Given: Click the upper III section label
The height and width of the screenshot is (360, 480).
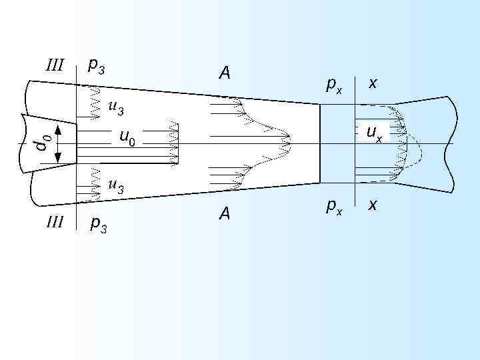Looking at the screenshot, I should pos(54,65).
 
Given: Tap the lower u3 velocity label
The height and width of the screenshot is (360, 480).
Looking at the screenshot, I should pos(115,186).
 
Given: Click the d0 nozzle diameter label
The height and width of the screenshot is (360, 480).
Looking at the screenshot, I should pos(42,142).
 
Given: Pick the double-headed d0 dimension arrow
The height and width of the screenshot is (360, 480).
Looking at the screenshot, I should pos(58,143).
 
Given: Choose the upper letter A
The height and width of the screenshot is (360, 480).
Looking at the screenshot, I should pos(225,73).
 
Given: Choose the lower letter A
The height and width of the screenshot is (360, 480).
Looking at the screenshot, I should pos(225,213).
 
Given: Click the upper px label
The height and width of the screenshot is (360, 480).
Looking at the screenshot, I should pos(333,85).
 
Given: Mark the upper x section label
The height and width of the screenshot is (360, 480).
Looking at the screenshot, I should pos(373,83).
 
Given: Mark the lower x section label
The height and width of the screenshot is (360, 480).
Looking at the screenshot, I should pos(373,204).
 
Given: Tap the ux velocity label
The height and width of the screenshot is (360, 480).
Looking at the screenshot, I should pos(374,133).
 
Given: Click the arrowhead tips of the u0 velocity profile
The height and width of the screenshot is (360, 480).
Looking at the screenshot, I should pos(177,143).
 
